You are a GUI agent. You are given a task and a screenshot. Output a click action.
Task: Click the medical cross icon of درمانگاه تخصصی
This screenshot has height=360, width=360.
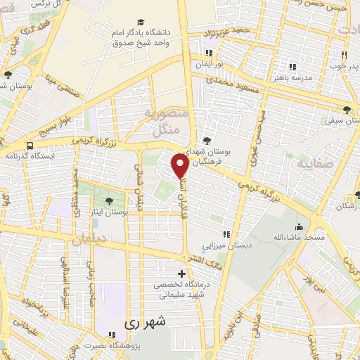pos(182,274)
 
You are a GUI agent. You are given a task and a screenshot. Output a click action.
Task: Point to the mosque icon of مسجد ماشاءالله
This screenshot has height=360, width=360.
pos(300,227)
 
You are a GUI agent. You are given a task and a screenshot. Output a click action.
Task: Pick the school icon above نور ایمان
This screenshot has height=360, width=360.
pos(209,53)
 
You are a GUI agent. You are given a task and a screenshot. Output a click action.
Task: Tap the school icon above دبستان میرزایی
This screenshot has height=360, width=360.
pos(226,236)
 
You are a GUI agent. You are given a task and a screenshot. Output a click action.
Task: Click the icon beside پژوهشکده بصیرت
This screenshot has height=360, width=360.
pos(111,335)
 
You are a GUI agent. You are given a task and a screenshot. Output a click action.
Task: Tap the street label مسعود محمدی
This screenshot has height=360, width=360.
pos(237,86)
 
